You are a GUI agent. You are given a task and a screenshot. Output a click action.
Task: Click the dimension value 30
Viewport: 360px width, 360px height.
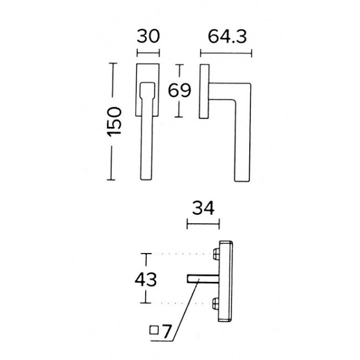click(148, 37)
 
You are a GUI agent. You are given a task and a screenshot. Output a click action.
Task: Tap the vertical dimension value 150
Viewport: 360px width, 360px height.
click(114, 121)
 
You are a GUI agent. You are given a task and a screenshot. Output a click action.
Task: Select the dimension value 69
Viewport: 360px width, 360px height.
click(179, 90)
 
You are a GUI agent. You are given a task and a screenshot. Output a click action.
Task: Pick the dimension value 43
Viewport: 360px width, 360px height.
click(146, 278)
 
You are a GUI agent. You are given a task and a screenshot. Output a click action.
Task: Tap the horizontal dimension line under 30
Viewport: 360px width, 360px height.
click(148, 54)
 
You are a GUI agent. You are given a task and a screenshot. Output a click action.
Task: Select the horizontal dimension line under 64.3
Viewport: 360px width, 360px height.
click(226, 54)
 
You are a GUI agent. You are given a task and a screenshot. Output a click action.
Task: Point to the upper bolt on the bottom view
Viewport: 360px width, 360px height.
click(216, 254)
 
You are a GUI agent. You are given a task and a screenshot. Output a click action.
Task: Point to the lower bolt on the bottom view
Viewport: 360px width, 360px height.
click(216, 303)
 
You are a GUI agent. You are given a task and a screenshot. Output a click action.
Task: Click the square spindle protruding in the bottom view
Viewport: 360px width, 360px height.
click(202, 278)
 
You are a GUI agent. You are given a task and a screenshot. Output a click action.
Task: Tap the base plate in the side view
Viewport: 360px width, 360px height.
click(204, 91)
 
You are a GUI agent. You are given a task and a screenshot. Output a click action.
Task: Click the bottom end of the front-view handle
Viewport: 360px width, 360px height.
click(148, 177)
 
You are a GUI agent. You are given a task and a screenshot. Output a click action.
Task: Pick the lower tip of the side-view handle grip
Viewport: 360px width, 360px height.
click(242, 178)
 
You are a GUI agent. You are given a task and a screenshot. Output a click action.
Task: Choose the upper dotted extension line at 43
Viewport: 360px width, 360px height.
click(183, 254)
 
